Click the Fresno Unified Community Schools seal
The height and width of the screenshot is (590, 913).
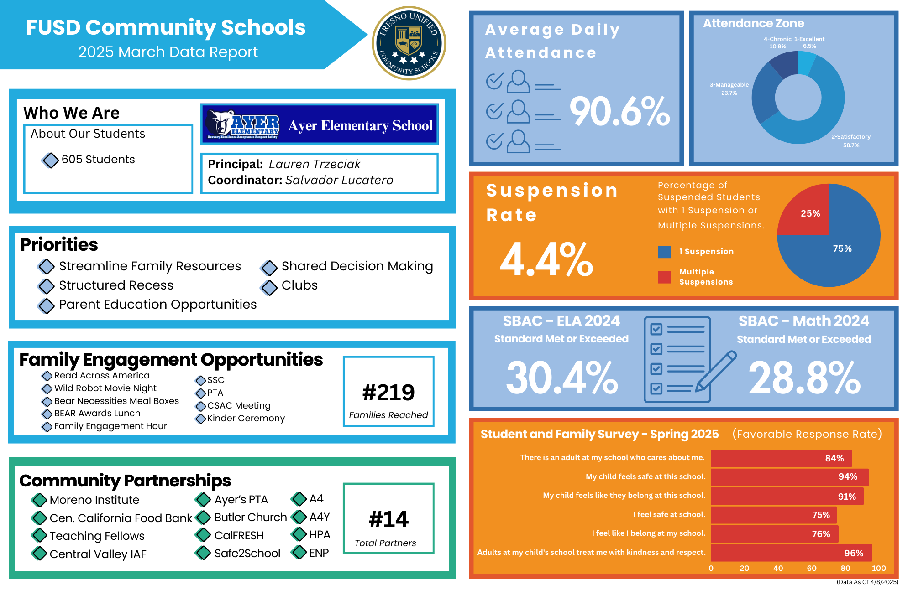point(409,43)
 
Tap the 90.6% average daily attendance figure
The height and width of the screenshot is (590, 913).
point(619,111)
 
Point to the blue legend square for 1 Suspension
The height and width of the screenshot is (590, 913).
point(664,252)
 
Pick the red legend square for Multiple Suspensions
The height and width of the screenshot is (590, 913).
point(664,277)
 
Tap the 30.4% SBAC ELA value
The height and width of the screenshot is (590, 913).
point(561,378)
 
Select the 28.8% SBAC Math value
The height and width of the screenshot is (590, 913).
point(804,378)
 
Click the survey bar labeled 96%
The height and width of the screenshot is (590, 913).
point(791,553)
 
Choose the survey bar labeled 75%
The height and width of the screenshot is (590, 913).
point(774,515)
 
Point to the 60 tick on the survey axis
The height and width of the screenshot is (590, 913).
point(812,569)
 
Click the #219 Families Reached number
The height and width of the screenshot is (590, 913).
point(388,393)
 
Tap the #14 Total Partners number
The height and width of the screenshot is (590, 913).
point(388,519)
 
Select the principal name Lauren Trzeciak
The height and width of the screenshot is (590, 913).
point(315,164)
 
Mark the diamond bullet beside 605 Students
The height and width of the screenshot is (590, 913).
point(50,160)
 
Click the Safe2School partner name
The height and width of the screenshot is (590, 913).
point(247,553)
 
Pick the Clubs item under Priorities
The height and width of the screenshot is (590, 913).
point(299,285)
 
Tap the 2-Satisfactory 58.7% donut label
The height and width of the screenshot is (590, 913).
point(851,141)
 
